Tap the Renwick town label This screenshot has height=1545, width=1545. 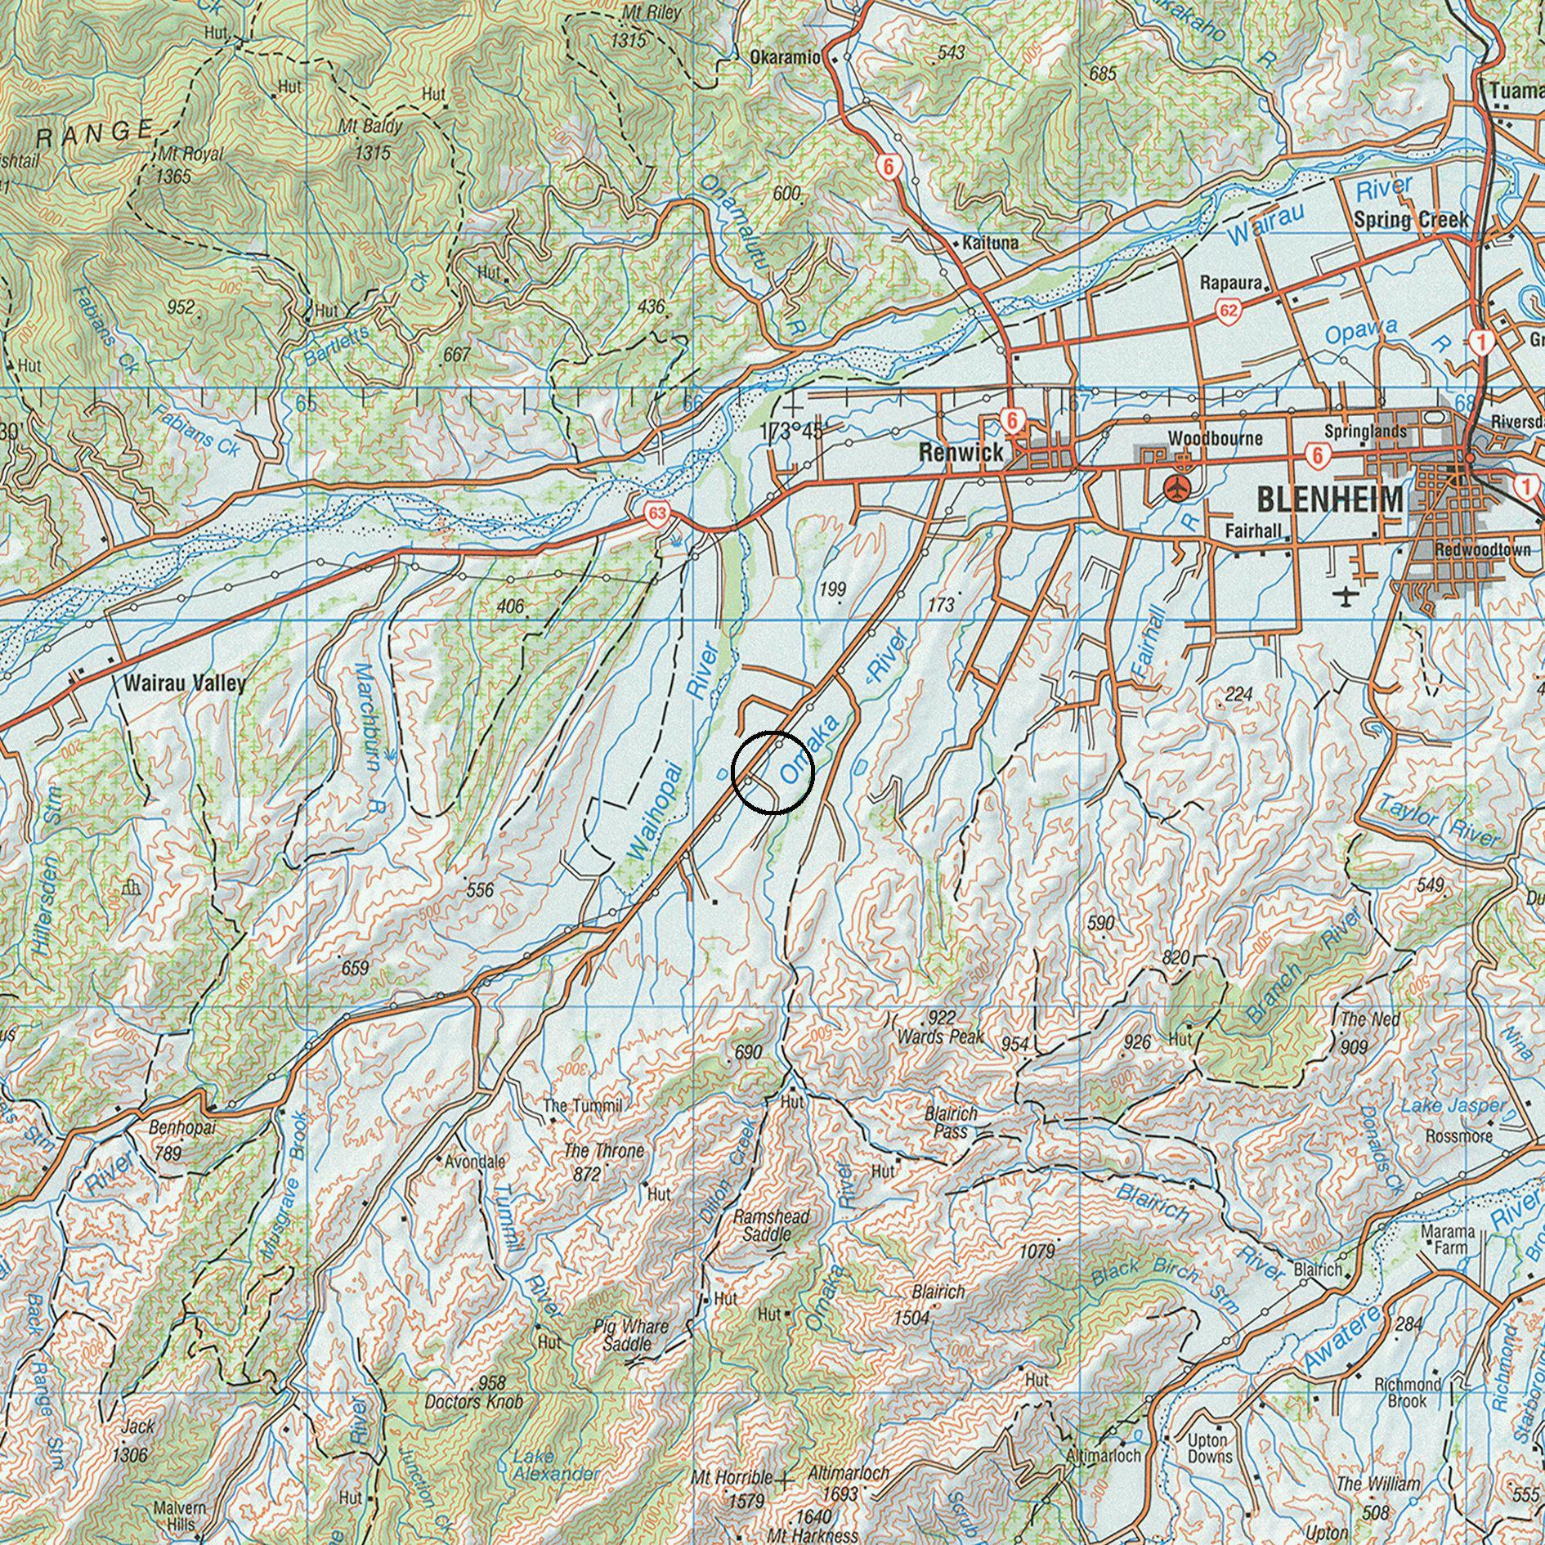[x=961, y=452]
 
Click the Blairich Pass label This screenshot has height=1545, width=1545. [x=951, y=1123]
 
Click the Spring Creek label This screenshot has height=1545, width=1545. [x=1411, y=220]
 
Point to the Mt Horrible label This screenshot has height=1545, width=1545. [x=732, y=1478]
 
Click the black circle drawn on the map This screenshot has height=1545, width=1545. [x=772, y=772]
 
